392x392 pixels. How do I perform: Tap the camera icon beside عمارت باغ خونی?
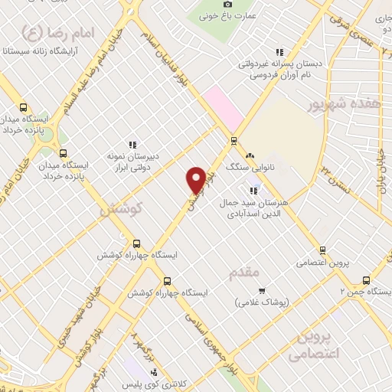pyautogui.click(x=227, y=5)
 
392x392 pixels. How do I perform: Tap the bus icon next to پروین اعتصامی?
pyautogui.click(x=323, y=250)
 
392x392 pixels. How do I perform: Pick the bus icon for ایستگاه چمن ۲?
pyautogui.click(x=365, y=279)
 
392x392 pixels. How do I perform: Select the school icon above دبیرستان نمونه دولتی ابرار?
pyautogui.click(x=132, y=143)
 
